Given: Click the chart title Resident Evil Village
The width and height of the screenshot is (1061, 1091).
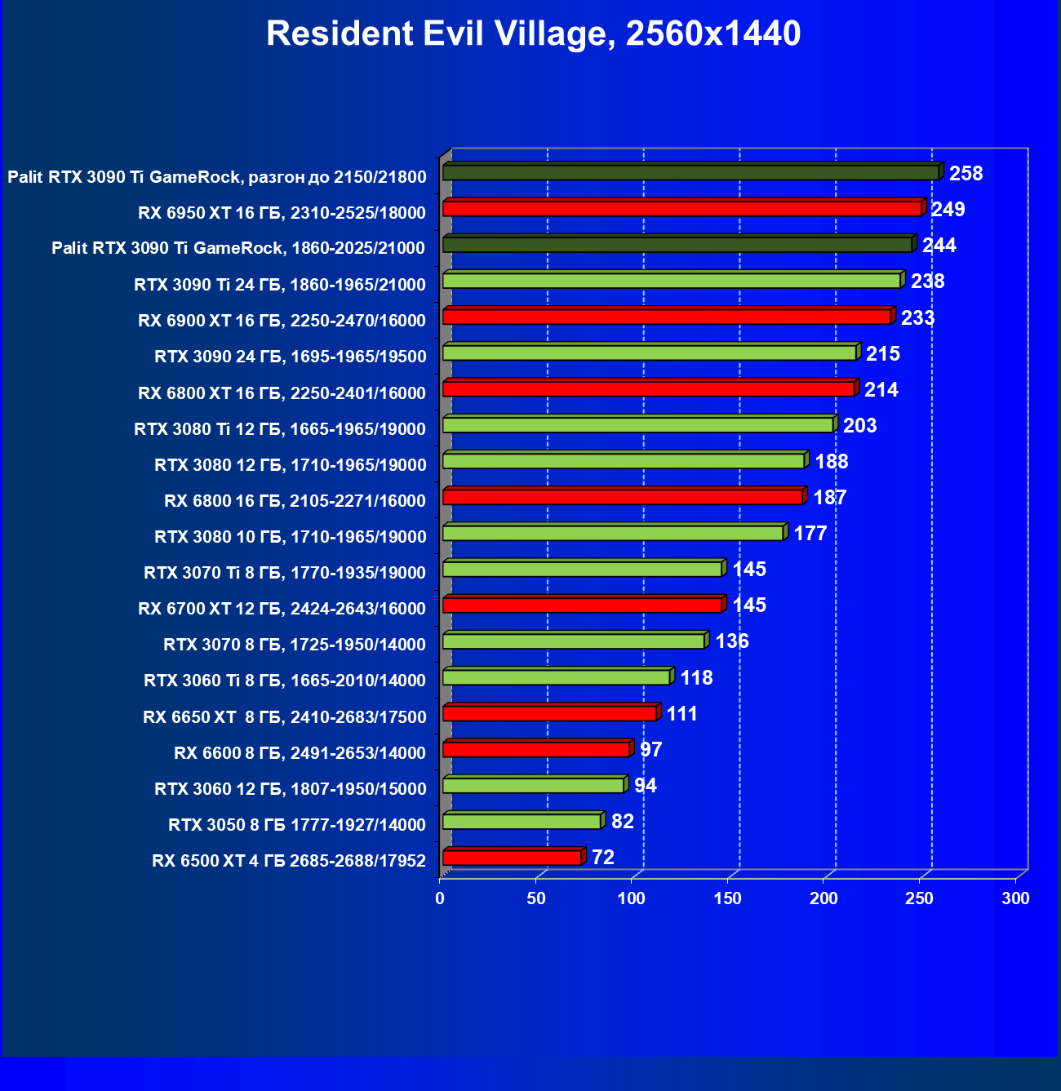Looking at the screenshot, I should [x=534, y=34].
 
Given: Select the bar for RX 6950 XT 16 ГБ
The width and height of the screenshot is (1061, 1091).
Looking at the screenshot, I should [x=682, y=209].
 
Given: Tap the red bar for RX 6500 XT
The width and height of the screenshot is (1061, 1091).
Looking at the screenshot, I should [x=512, y=858].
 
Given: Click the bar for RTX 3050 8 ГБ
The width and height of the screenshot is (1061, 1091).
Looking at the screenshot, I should [x=522, y=822].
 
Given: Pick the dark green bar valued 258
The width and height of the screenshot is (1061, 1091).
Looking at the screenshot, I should [x=690, y=173].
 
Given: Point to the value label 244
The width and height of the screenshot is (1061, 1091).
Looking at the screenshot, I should [x=939, y=246].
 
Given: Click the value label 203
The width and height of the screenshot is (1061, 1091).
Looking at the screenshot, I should [x=859, y=426].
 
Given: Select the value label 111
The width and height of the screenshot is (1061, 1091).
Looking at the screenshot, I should [x=681, y=714].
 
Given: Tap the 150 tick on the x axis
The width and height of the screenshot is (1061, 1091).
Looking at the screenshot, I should [x=728, y=898].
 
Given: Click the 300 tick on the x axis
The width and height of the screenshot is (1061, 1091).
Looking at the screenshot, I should [x=1016, y=898].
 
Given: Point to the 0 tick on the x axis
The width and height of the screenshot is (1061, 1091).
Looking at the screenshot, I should [x=441, y=898].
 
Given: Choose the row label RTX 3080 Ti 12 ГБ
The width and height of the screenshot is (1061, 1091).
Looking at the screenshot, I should [x=280, y=429].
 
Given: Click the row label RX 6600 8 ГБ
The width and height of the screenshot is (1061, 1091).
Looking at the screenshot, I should [x=300, y=753].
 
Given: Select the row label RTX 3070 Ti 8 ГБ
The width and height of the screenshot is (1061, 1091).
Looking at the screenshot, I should [x=285, y=573].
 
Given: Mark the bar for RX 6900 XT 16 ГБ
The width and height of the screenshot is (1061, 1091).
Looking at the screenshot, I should [x=667, y=317].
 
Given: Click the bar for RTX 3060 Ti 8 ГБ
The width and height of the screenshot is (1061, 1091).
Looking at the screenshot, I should [x=556, y=677].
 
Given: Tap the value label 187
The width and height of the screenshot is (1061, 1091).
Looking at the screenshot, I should [x=829, y=498].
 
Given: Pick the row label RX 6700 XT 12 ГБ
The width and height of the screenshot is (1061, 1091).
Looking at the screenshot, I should [x=282, y=609].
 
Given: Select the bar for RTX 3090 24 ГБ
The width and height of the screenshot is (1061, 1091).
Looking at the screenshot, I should [x=650, y=353].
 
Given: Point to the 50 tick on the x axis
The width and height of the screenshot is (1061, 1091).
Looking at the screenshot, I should [x=536, y=898].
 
